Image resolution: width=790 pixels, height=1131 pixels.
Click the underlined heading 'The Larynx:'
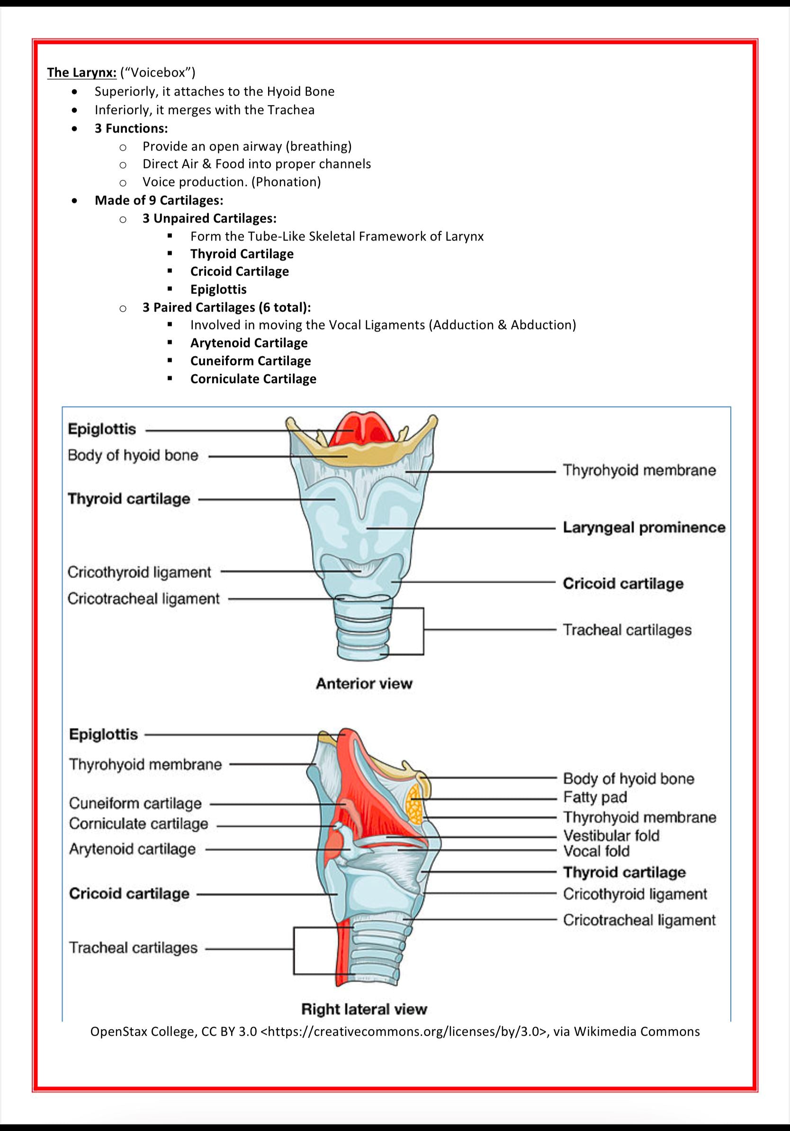(x=82, y=73)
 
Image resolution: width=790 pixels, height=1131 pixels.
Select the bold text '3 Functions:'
(x=131, y=128)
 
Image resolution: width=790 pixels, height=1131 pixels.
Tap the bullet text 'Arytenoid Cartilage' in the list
(x=249, y=343)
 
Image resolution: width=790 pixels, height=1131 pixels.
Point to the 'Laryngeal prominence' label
(x=644, y=528)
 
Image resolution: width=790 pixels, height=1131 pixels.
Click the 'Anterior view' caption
(x=364, y=684)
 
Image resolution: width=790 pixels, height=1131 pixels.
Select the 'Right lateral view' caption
(x=364, y=1009)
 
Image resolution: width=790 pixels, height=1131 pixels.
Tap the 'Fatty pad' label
(x=595, y=798)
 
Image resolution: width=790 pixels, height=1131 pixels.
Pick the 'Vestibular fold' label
(x=610, y=836)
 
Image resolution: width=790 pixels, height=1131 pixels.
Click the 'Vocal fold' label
(x=596, y=851)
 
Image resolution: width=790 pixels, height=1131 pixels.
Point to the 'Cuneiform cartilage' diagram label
(x=135, y=803)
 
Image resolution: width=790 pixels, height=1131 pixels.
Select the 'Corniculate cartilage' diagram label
(x=138, y=824)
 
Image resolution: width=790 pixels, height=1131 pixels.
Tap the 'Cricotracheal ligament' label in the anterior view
(x=144, y=599)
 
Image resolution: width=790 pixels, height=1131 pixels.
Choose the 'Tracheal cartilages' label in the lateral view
(x=133, y=948)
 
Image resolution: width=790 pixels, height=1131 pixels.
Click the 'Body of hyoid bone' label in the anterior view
(x=133, y=455)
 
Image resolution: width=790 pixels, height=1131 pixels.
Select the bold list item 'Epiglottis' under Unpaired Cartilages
(x=218, y=289)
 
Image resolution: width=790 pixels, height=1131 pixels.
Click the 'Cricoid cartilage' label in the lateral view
(x=129, y=894)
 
